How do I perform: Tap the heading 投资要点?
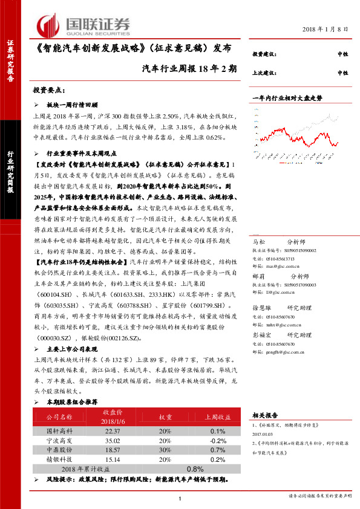point(48,90)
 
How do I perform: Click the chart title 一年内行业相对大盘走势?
point(287,97)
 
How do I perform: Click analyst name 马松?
point(259,241)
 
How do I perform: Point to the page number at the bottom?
point(180,498)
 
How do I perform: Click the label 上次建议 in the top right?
point(264,73)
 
